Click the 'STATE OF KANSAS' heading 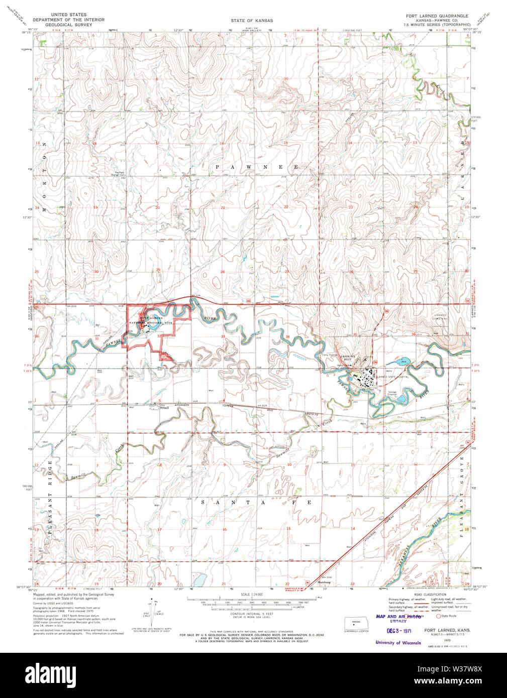click(x=252, y=21)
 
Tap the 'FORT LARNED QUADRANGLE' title click(x=437, y=16)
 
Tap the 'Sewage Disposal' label click(x=392, y=394)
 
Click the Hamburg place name click(x=324, y=583)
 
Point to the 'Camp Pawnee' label click(x=329, y=355)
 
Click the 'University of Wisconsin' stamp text click(x=397, y=642)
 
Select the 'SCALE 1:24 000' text click(x=252, y=595)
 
